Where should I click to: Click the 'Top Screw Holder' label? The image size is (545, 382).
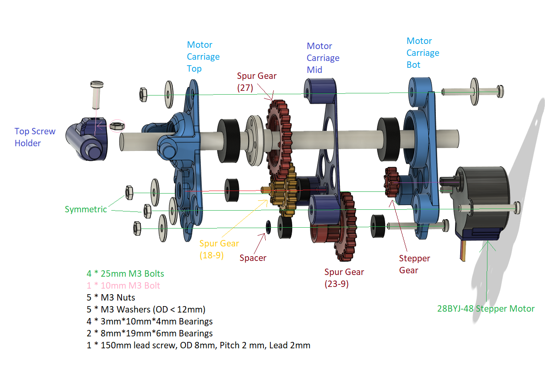coord(35,137)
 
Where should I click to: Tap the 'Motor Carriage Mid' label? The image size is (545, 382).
coord(323,58)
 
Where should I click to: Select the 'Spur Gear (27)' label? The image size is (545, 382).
coord(257,82)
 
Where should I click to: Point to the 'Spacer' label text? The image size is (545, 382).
coord(253,258)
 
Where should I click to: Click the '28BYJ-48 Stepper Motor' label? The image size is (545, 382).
coord(486,309)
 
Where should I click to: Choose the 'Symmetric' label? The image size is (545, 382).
coord(86,209)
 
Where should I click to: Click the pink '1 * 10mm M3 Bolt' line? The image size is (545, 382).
coord(123,285)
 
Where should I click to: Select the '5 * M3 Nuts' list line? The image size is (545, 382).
coord(111,297)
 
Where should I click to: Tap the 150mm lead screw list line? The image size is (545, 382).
coord(199,345)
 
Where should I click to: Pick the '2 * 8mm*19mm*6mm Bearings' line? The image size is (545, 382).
coord(150,333)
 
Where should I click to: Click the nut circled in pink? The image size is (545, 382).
coord(117,126)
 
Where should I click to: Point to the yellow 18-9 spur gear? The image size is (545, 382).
coord(284,190)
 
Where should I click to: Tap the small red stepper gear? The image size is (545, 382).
coord(391,182)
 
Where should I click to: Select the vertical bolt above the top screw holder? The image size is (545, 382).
coord(97,95)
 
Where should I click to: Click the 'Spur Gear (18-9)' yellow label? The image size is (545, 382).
coord(219,249)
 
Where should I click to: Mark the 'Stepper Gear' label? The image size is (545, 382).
coord(415,264)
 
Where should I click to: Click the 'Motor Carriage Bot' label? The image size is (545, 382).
coord(423,53)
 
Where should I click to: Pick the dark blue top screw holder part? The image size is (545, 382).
coord(87,139)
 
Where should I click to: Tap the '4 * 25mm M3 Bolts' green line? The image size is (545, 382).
coord(125,273)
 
